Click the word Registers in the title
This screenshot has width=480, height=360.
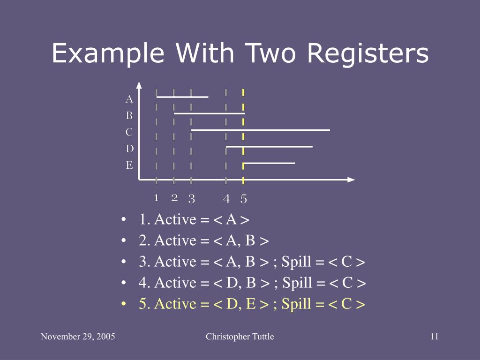(368, 54)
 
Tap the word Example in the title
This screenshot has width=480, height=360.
(108, 54)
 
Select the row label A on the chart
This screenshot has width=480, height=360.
(129, 99)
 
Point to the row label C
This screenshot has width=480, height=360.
(129, 132)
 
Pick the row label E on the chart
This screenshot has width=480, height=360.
(129, 165)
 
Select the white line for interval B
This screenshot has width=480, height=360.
(209, 113)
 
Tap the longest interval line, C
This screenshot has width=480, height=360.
(261, 130)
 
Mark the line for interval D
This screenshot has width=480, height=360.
(269, 147)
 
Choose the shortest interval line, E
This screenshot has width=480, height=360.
(270, 163)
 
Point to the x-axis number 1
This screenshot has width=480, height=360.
(157, 198)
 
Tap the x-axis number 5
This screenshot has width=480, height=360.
(244, 199)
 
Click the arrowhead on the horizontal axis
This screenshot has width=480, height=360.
(351, 180)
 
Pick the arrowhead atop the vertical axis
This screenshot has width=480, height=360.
(139, 85)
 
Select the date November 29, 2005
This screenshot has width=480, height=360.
(78, 337)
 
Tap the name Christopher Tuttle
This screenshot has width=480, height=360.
(240, 337)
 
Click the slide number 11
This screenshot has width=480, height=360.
(434, 337)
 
